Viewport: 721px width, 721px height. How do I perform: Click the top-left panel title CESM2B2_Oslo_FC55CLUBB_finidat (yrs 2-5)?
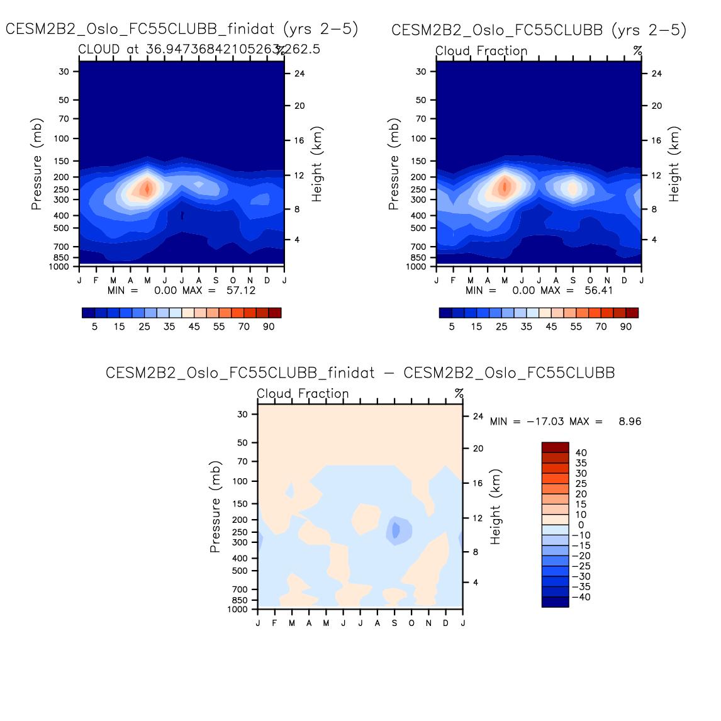point(182,29)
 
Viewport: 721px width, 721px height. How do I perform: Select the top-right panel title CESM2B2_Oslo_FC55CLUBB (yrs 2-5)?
point(539,30)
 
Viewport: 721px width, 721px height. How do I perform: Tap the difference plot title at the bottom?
point(360,372)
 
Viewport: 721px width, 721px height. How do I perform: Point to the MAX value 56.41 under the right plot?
point(598,291)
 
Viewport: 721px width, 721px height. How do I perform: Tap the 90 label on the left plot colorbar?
point(269,327)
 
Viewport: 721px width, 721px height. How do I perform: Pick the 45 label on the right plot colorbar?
point(551,327)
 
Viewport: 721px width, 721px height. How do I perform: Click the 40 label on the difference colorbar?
point(581,453)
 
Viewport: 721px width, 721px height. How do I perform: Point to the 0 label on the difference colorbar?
point(581,525)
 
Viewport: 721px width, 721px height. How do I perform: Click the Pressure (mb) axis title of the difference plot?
point(215,506)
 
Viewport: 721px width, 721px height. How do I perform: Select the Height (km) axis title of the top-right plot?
point(674,164)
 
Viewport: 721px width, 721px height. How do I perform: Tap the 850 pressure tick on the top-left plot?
point(62,258)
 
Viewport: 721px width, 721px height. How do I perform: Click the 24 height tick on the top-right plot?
point(656,74)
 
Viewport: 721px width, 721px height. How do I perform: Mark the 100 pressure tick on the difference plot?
point(241,481)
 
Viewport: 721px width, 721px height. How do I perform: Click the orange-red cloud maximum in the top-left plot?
point(147,187)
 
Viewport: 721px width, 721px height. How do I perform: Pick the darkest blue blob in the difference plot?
point(395,530)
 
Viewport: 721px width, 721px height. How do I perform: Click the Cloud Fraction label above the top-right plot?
point(481,51)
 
